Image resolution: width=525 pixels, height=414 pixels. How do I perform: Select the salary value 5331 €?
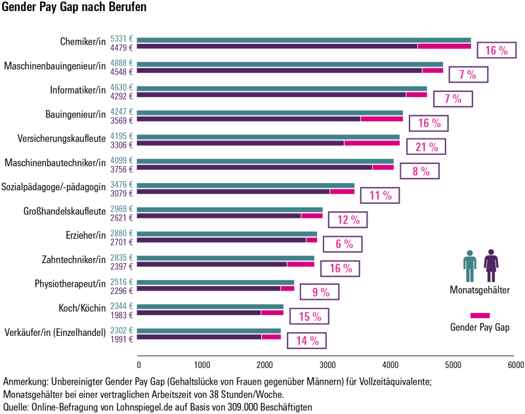(x=122, y=39)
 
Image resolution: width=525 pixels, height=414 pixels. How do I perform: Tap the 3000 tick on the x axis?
(x=327, y=363)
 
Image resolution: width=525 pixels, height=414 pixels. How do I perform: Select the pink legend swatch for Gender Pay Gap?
(x=480, y=316)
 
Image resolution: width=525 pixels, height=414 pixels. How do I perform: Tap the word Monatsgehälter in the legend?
(x=480, y=290)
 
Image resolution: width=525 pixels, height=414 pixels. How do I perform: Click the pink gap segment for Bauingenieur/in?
(x=381, y=119)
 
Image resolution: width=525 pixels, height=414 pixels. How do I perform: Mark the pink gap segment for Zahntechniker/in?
(x=301, y=264)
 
